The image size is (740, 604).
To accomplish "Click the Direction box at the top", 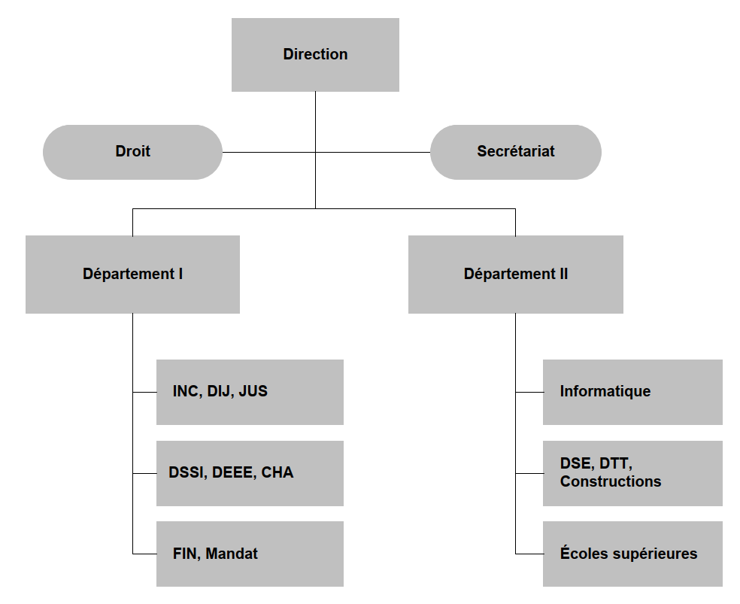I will click(x=315, y=55).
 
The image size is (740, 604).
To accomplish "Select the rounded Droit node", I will click(x=133, y=152).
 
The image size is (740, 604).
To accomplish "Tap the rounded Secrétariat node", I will click(x=515, y=152).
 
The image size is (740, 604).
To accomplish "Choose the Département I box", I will click(x=132, y=275).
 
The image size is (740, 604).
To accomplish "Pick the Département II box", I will click(x=515, y=275).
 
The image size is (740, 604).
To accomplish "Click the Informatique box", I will click(x=632, y=392).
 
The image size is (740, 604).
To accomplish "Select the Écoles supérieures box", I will click(x=632, y=554).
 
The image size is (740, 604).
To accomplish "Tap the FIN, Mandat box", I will click(x=250, y=554).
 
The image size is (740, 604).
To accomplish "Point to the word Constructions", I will click(x=611, y=482).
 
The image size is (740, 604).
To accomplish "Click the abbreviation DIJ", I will click(x=220, y=392).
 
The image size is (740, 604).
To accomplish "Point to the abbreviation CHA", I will click(x=277, y=473).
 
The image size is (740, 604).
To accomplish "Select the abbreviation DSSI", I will click(x=187, y=473).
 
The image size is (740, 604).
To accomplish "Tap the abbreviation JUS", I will click(x=253, y=392).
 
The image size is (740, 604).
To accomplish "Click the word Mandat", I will click(x=232, y=554).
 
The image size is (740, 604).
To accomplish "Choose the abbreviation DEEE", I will click(x=233, y=473).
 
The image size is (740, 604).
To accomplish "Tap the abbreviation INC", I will click(x=186, y=392).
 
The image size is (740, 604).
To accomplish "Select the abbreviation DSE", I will click(x=576, y=464).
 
